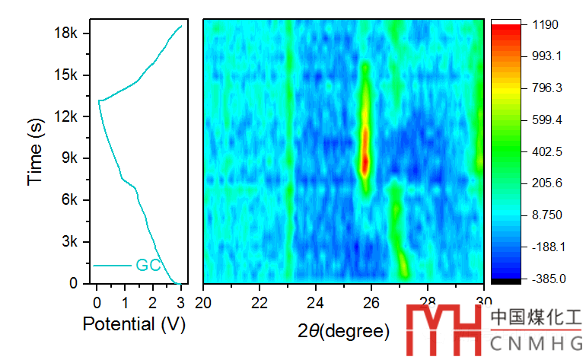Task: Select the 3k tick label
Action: tap(69, 241)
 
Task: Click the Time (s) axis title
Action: tap(35, 156)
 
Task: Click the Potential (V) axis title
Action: tap(134, 324)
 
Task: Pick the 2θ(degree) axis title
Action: tap(343, 331)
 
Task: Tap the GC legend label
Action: tap(148, 266)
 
